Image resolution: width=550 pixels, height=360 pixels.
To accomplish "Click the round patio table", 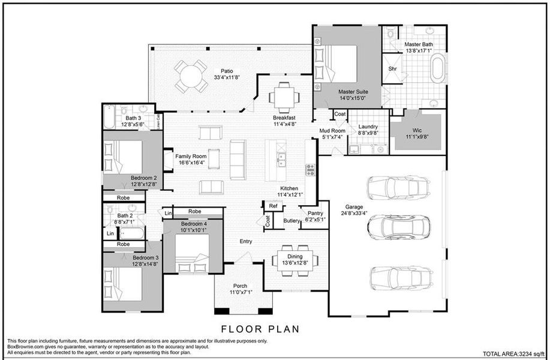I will [x=191, y=76].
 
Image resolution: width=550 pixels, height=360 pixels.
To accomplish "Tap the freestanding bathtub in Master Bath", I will [x=439, y=68].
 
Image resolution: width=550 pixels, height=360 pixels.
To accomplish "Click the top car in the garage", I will [x=399, y=188].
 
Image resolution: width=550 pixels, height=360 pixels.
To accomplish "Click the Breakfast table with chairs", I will [x=282, y=95].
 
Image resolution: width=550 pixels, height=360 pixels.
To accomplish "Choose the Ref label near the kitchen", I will [x=273, y=206].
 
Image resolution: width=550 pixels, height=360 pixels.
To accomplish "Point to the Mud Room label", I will [x=332, y=133].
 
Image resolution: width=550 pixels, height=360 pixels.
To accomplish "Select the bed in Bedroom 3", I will [x=124, y=284].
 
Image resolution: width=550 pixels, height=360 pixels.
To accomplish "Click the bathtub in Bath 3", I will [x=109, y=117].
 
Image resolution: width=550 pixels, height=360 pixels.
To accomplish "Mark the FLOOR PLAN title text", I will [x=260, y=329].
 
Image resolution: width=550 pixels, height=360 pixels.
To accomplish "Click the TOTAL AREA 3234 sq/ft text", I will [x=513, y=354].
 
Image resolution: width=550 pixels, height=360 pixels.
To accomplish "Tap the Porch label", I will [x=240, y=289].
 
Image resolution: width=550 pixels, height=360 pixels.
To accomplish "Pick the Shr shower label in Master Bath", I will [x=393, y=68].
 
